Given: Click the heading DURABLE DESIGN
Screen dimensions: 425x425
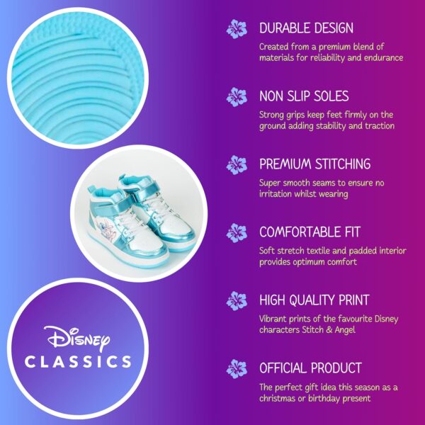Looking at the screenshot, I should coord(306,28).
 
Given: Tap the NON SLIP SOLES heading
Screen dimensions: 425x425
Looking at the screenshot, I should coord(304,96).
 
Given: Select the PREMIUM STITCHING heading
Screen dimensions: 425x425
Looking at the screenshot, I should coord(314,164).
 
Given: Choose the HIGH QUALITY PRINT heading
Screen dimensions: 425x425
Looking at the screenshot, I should coord(314,300).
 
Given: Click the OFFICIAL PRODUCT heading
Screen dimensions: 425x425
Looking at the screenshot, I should coord(310,368).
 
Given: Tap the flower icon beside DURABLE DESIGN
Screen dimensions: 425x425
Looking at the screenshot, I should coord(237,29).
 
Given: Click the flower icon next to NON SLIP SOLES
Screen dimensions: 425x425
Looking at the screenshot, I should coord(237,97).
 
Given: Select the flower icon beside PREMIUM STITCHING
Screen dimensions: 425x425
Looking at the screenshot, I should coord(237,165).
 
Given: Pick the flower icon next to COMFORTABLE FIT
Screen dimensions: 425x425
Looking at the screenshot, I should coord(237,233).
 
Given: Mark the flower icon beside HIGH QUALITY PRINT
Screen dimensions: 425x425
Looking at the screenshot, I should coord(237,301).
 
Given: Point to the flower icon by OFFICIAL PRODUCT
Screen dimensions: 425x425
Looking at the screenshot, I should coord(237,369).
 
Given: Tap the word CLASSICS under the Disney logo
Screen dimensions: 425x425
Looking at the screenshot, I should coord(77,362).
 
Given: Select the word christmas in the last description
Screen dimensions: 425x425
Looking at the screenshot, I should coord(280,399).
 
